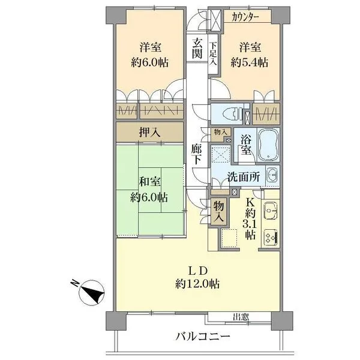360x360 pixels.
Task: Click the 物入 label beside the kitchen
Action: (218, 211)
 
